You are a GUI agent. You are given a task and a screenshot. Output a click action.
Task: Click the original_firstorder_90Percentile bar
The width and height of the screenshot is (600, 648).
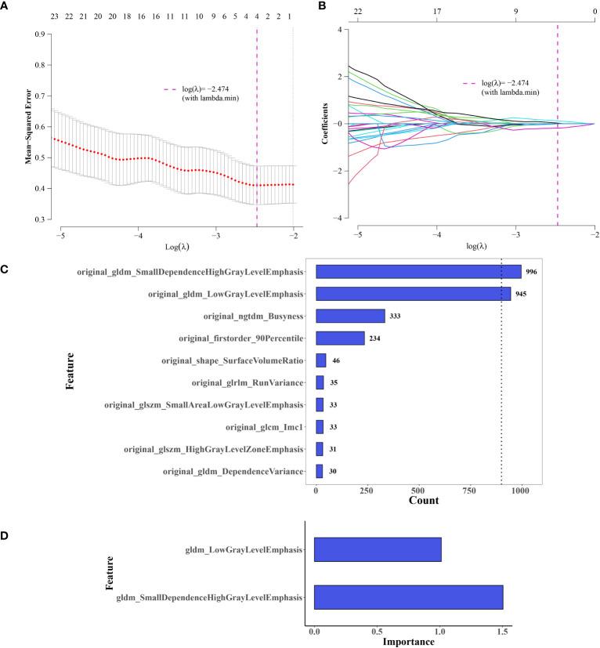click(340, 338)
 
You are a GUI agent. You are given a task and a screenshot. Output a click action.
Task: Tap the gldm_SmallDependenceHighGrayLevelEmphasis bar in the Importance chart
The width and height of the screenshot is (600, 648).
click(408, 598)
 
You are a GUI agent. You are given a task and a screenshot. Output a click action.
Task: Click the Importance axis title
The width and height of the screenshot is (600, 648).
click(408, 641)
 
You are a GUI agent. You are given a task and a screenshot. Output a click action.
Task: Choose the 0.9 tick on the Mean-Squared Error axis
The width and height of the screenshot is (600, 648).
click(38, 34)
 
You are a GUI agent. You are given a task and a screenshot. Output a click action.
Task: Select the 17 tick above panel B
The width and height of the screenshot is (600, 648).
click(436, 13)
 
